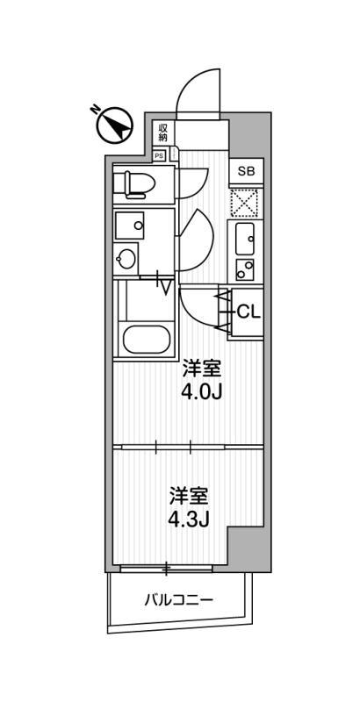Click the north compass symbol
point(115,125)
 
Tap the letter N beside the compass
point(95,109)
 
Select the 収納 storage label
point(162,133)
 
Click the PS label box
point(159,155)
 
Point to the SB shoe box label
point(246,171)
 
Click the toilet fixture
point(134,183)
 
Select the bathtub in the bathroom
point(146,340)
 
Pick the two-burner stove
point(244,269)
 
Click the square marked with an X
point(244,203)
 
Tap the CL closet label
point(248,312)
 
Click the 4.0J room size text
point(201,392)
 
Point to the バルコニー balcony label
point(178,599)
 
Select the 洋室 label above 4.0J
point(201,369)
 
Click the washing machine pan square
point(129,226)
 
